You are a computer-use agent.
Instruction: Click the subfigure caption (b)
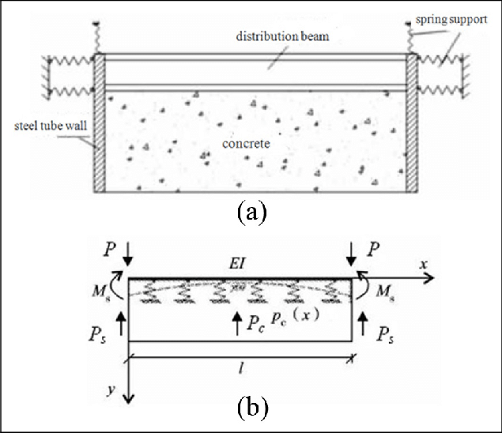click(252, 407)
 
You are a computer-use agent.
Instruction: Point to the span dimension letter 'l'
click(241, 368)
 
